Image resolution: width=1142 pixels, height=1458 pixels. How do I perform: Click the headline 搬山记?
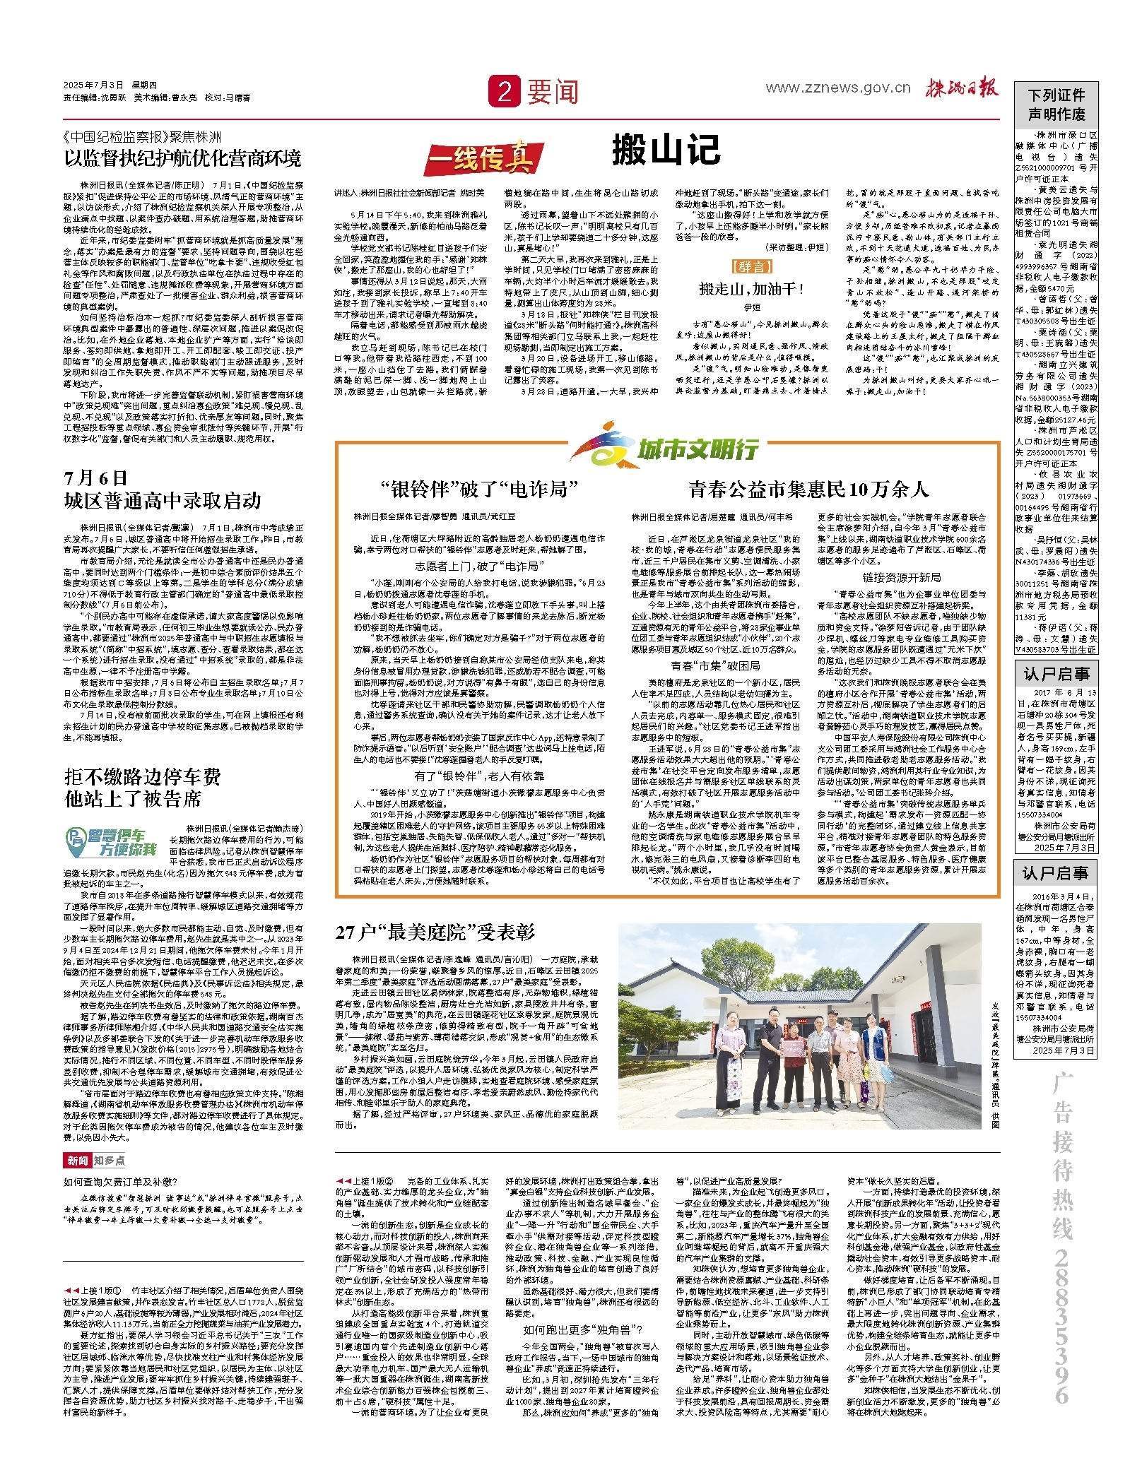[x=666, y=150]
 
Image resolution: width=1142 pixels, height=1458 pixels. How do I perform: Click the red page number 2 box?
[x=504, y=92]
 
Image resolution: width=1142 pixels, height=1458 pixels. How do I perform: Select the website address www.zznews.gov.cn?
[x=838, y=88]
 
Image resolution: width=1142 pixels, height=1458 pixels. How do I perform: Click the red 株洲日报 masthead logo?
[x=963, y=88]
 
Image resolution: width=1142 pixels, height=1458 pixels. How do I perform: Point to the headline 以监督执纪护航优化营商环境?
[x=183, y=158]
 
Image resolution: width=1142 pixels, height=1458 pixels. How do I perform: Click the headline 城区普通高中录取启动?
[x=163, y=501]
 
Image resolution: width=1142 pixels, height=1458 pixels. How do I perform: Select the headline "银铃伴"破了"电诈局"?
[x=479, y=489]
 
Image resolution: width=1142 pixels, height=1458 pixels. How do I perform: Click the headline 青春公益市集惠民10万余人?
[x=808, y=489]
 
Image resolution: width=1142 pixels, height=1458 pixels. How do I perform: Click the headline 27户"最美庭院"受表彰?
[x=435, y=932]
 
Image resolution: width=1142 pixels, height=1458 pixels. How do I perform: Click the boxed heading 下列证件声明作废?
[x=1056, y=105]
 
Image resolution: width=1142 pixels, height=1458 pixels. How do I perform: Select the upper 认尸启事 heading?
[x=1056, y=674]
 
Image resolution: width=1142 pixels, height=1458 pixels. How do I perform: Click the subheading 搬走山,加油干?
[x=751, y=289]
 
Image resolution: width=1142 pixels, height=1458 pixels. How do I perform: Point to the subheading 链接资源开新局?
[x=901, y=577]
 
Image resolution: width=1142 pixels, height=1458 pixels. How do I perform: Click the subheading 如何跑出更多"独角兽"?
[x=582, y=1329]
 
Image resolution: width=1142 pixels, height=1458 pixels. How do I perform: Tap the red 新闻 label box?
[x=78, y=1161]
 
